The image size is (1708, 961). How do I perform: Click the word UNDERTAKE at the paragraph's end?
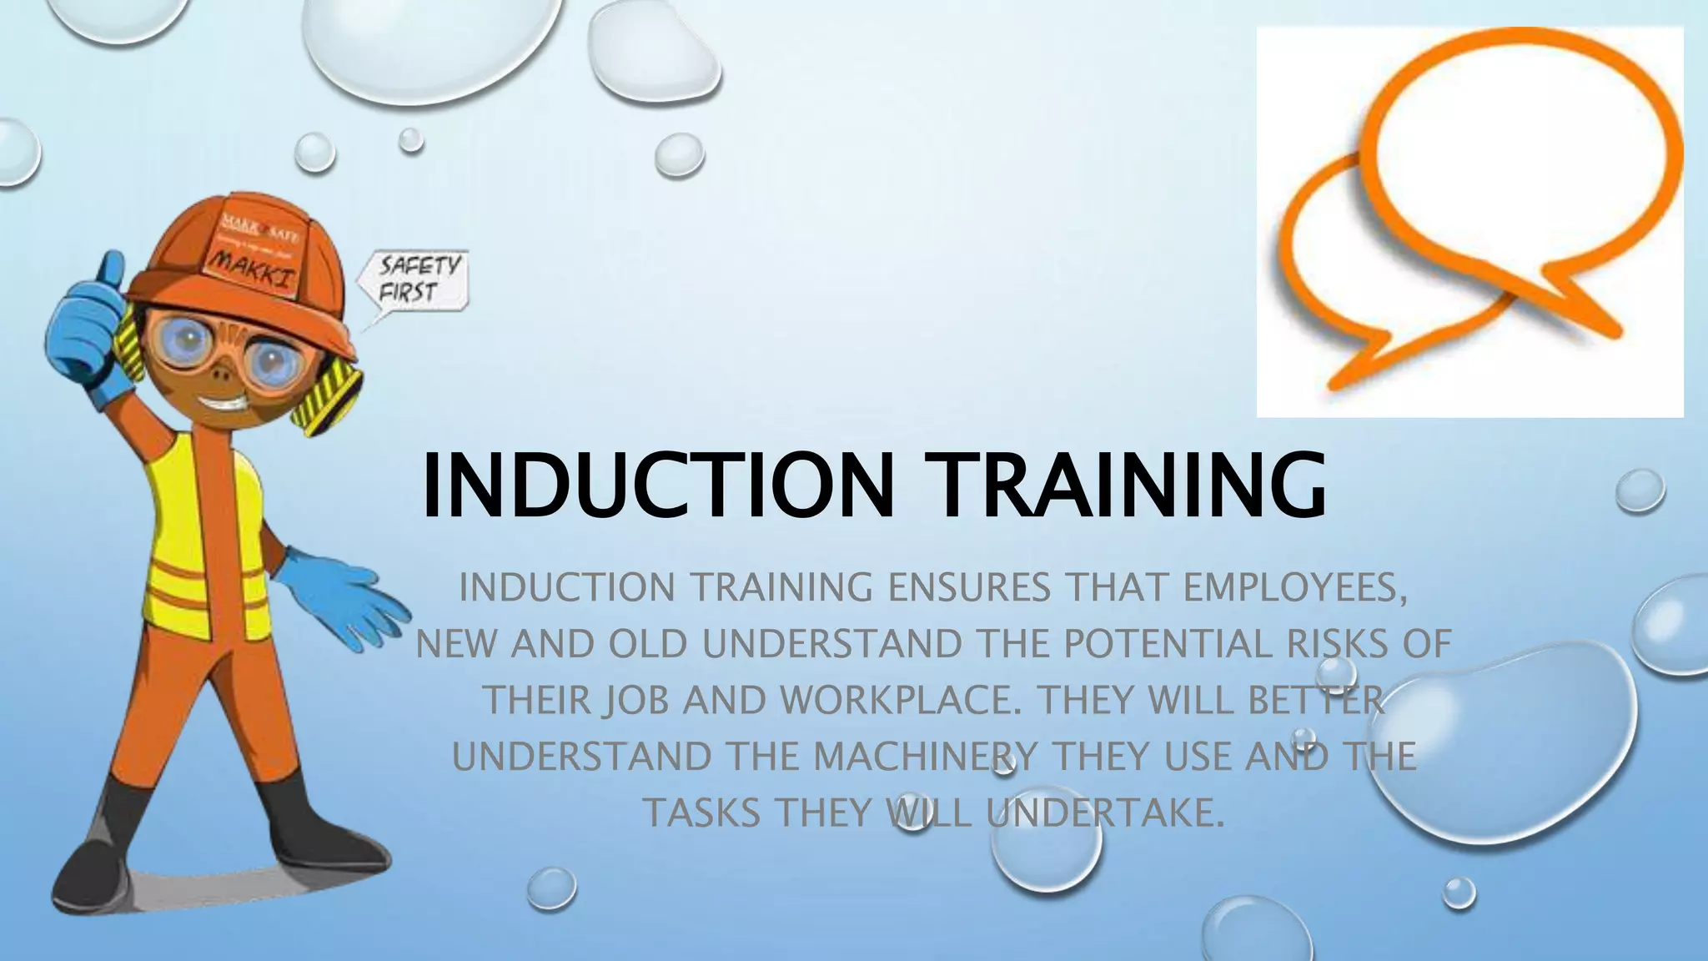(1105, 813)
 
